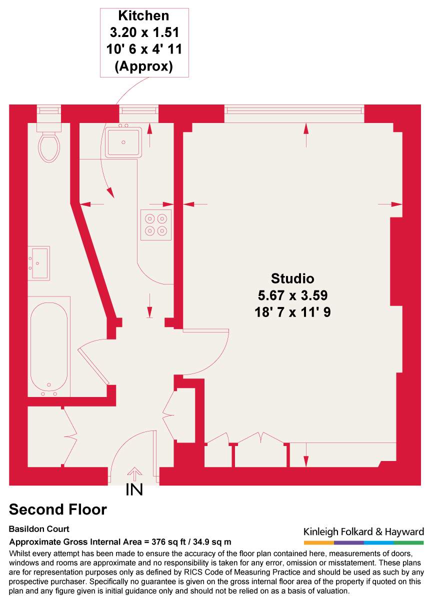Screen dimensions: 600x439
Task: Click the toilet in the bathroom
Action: (x=49, y=145)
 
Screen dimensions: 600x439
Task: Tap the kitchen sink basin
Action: (x=123, y=141)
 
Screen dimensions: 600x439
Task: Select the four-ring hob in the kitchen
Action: (x=155, y=224)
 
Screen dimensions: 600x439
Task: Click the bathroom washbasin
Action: (x=39, y=262)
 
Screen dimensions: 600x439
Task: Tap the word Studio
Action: (x=292, y=278)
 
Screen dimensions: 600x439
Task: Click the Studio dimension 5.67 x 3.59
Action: (x=292, y=295)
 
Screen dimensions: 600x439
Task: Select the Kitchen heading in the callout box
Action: (x=144, y=16)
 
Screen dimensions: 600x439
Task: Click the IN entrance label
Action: (x=134, y=490)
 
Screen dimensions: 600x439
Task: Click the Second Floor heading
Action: (x=58, y=509)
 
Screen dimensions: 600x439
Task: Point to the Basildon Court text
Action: (x=39, y=529)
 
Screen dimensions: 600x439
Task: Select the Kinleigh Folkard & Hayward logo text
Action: (x=363, y=531)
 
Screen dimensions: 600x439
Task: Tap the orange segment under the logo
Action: (x=318, y=542)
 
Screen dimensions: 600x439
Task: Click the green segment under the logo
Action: (x=408, y=542)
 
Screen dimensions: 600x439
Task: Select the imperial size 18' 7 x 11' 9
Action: (x=292, y=312)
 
